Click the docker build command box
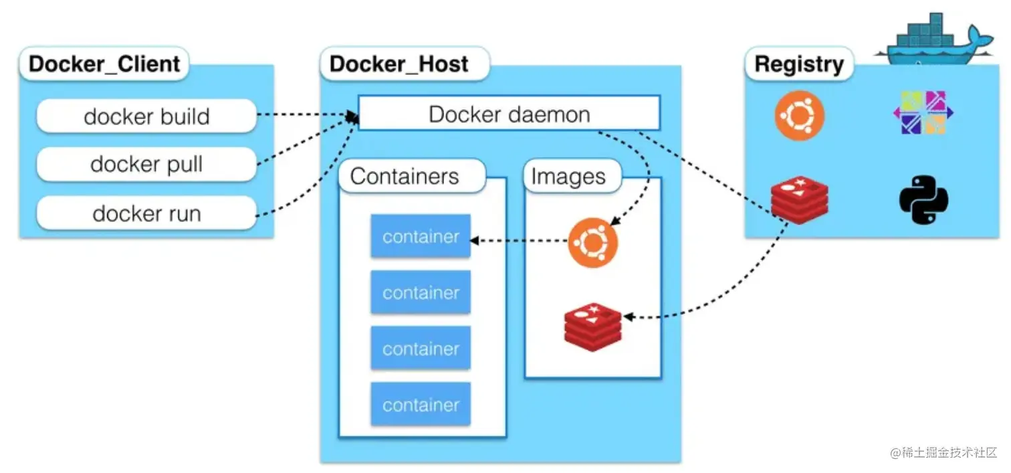coord(146,116)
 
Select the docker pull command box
coord(146,165)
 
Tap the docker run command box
coord(146,213)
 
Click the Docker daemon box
coord(509,113)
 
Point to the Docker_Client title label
coord(104,64)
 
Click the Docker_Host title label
coord(399,64)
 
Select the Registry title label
coord(799,64)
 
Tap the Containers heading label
coord(405,176)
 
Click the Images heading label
coord(568,177)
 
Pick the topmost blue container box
coord(421,236)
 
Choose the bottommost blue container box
coord(421,404)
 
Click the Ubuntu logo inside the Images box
coord(593,243)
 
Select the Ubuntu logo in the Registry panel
coord(799,116)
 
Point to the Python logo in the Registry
coord(923,199)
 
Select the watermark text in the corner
coord(943,452)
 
